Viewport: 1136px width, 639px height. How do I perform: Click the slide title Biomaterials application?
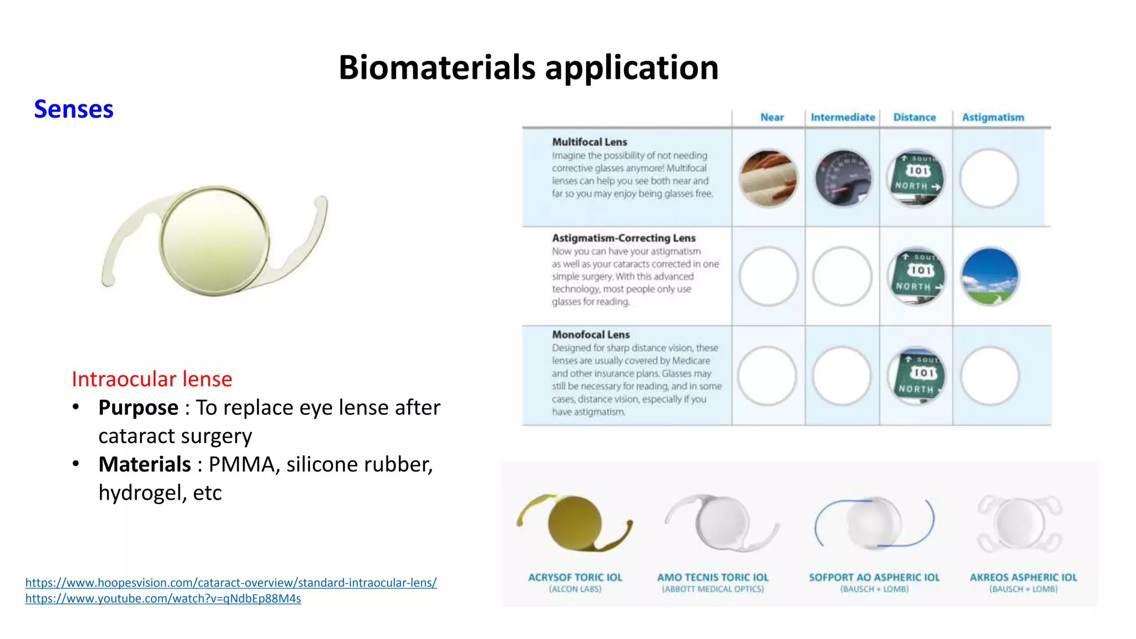pos(528,68)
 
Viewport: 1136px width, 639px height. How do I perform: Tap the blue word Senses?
pos(73,109)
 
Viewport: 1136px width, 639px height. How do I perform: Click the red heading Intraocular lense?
pos(151,379)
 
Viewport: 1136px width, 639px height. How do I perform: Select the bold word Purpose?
pos(138,408)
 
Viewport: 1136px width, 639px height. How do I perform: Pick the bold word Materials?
pos(144,464)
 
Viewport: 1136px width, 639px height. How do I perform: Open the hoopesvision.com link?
pos(231,582)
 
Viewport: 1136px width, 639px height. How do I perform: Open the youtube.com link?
pos(163,599)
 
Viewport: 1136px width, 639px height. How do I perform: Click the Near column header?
pos(772,118)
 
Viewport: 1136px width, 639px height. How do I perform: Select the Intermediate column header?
pos(842,118)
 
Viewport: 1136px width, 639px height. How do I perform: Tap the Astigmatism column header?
pos(992,118)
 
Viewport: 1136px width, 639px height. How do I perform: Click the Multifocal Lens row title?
pos(589,142)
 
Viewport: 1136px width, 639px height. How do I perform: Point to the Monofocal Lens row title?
pos(591,334)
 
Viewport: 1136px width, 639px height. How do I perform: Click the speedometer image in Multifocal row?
pos(843,178)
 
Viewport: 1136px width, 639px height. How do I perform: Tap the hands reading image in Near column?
pos(768,178)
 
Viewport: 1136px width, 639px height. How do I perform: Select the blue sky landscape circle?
pos(990,276)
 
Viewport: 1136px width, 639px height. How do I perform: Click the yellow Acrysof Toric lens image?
pos(574,523)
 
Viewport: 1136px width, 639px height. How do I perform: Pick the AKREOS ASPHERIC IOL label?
pos(1023,577)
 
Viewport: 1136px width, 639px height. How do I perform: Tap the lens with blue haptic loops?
pos(874,523)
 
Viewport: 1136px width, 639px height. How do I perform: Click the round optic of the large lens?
pos(215,240)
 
